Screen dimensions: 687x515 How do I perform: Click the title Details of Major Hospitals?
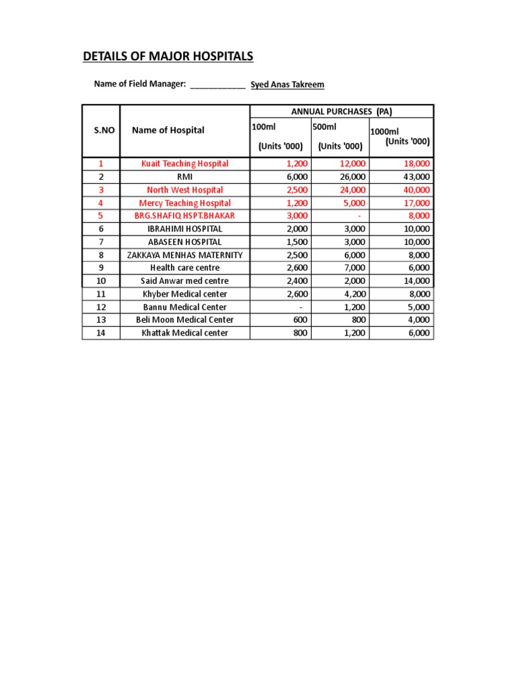(168, 57)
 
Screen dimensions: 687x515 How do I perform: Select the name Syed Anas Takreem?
(287, 85)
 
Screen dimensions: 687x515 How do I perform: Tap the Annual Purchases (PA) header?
(342, 111)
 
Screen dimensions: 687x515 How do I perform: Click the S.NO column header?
(101, 130)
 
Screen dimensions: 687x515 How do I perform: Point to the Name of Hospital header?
(168, 130)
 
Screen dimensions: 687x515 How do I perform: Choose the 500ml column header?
(325, 127)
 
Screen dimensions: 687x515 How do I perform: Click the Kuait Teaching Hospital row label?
(184, 164)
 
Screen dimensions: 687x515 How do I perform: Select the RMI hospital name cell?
(184, 176)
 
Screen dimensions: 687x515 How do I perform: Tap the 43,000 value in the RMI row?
(416, 176)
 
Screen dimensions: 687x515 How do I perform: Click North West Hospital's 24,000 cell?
(353, 190)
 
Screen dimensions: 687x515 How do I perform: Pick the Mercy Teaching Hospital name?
(184, 203)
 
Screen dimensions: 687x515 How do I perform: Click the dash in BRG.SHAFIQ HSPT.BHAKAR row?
(359, 216)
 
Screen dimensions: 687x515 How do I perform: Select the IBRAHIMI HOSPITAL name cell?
(184, 229)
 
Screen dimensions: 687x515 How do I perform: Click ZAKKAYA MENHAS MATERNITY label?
(184, 255)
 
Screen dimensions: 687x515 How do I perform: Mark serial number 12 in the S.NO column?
(101, 307)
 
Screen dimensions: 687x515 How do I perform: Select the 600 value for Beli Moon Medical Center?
(300, 320)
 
